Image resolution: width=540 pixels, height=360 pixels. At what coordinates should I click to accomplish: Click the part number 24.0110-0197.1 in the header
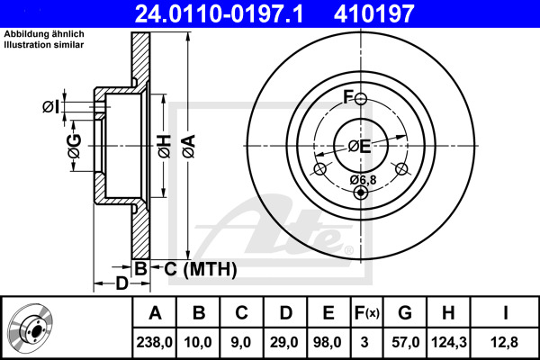click(x=219, y=13)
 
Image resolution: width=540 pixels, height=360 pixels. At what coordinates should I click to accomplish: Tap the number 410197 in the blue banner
click(x=373, y=13)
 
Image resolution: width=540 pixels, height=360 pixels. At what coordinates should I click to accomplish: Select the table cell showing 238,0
click(x=154, y=342)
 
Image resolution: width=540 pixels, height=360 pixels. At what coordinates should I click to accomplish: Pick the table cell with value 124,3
click(x=449, y=342)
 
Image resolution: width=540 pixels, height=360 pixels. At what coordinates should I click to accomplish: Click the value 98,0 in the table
click(x=328, y=342)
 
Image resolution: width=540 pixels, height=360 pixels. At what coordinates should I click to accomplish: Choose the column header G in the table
click(x=405, y=313)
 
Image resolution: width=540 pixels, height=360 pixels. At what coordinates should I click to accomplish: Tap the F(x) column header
click(x=367, y=313)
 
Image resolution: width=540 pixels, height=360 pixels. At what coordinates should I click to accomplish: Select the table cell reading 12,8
click(x=505, y=342)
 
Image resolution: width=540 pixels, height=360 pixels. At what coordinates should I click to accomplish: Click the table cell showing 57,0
click(x=405, y=342)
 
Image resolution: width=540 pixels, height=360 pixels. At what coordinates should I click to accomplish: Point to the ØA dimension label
click(x=189, y=147)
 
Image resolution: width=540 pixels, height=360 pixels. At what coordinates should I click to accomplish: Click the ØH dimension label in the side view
click(x=165, y=147)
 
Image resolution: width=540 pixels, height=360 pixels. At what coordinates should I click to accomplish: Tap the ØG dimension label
click(x=75, y=146)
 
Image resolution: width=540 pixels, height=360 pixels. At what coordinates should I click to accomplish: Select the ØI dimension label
click(x=50, y=106)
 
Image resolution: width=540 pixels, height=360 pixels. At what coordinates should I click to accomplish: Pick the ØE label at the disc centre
click(x=359, y=147)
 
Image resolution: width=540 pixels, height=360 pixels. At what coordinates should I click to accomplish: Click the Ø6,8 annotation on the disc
click(x=364, y=179)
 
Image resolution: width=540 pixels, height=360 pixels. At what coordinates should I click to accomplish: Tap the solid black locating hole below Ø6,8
click(x=361, y=193)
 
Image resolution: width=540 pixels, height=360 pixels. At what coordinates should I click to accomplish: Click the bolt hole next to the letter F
click(x=361, y=99)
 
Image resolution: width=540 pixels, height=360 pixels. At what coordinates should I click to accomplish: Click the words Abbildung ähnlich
click(x=44, y=34)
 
